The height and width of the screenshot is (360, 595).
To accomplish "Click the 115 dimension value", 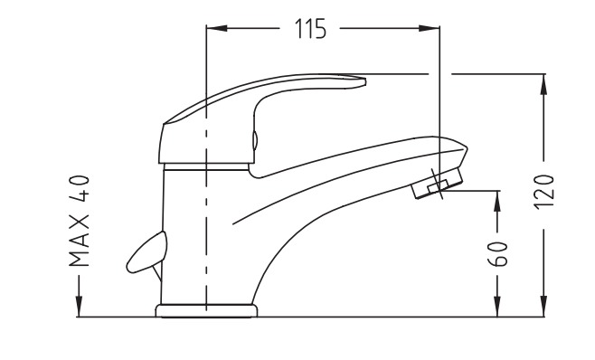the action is [310, 28].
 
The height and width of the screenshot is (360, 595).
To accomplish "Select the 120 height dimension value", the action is [544, 192].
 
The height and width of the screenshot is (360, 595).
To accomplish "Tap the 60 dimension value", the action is [497, 253].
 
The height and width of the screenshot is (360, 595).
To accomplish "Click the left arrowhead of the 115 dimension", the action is [217, 28].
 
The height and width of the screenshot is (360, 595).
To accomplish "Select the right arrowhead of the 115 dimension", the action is [429, 28].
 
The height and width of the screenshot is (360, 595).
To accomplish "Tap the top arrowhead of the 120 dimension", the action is [544, 84].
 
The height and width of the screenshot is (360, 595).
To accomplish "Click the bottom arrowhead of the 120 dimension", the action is [544, 306].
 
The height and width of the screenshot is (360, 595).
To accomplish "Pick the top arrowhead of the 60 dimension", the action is [497, 201].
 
